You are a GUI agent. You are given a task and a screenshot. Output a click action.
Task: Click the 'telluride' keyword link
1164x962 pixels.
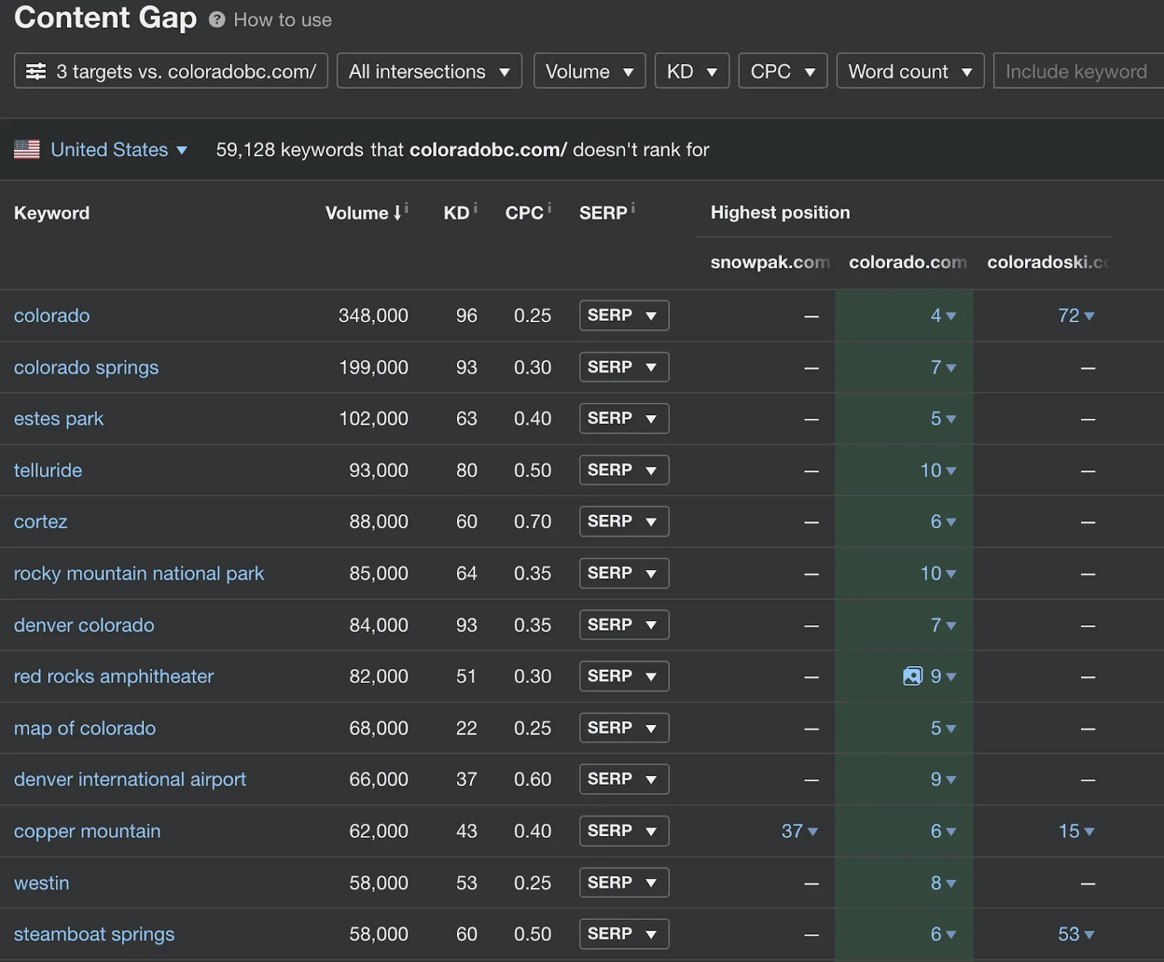pos(48,470)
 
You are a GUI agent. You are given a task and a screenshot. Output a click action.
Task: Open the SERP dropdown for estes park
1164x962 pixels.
pos(623,419)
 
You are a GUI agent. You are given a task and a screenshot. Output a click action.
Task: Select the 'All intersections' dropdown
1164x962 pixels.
pos(428,71)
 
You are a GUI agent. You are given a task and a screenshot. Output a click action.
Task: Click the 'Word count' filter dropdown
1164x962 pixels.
pos(909,71)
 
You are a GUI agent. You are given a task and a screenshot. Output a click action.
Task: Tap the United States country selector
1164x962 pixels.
pos(109,150)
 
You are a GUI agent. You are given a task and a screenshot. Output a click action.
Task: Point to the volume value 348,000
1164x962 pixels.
pos(373,316)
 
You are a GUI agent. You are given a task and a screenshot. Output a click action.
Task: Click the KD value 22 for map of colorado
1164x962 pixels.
pos(466,728)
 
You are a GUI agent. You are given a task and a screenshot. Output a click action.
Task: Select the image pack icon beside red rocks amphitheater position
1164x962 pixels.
pos(912,676)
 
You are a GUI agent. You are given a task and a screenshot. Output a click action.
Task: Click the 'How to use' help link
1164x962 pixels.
pos(282,20)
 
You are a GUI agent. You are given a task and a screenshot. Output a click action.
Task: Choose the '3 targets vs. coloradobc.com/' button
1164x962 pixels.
pos(171,71)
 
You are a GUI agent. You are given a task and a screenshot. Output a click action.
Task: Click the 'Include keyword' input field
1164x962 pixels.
pos(1077,71)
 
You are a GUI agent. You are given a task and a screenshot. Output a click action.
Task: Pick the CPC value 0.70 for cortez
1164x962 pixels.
pos(532,522)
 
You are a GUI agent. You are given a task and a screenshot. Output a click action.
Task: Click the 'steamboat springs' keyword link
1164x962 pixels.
pos(94,934)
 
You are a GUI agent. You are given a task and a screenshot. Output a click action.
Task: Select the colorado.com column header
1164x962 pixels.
pos(907,262)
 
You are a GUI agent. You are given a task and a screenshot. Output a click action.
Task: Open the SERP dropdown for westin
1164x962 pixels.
pos(623,883)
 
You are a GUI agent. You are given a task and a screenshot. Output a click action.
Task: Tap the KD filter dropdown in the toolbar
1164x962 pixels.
pos(691,71)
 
